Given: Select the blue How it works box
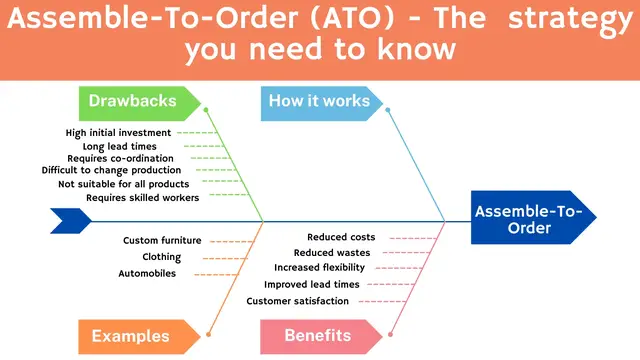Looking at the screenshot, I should point(319,101).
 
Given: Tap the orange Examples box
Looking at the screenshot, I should point(130,336).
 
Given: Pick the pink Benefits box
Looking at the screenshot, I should point(317,336).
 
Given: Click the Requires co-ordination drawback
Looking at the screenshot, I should point(120,158).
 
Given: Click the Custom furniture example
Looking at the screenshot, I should point(162,240).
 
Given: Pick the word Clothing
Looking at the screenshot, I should point(161,257).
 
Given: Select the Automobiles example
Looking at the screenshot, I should point(147,273).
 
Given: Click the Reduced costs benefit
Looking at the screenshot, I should point(341,237).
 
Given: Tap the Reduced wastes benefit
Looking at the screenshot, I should point(334,253).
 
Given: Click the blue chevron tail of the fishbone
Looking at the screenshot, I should point(70,219).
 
